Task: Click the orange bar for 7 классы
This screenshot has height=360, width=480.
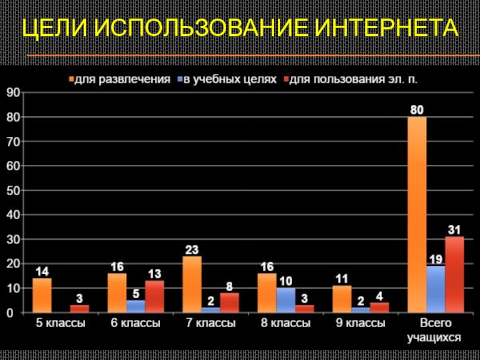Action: (x=192, y=284)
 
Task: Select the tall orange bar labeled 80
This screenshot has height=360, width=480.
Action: (x=418, y=214)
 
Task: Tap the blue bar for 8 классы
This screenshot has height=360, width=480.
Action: (x=286, y=300)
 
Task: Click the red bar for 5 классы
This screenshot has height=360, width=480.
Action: (x=79, y=309)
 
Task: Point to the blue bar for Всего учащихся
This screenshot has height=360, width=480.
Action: (x=436, y=289)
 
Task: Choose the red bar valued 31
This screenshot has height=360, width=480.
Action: (x=454, y=274)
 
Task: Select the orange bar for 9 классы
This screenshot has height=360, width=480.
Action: (x=342, y=299)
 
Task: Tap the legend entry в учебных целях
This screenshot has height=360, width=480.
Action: (x=227, y=79)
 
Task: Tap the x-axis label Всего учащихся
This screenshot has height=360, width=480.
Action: (x=435, y=331)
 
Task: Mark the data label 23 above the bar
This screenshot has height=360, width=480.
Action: (x=192, y=249)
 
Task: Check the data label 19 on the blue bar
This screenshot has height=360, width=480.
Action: (x=436, y=259)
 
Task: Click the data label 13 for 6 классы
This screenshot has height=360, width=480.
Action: (x=155, y=274)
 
